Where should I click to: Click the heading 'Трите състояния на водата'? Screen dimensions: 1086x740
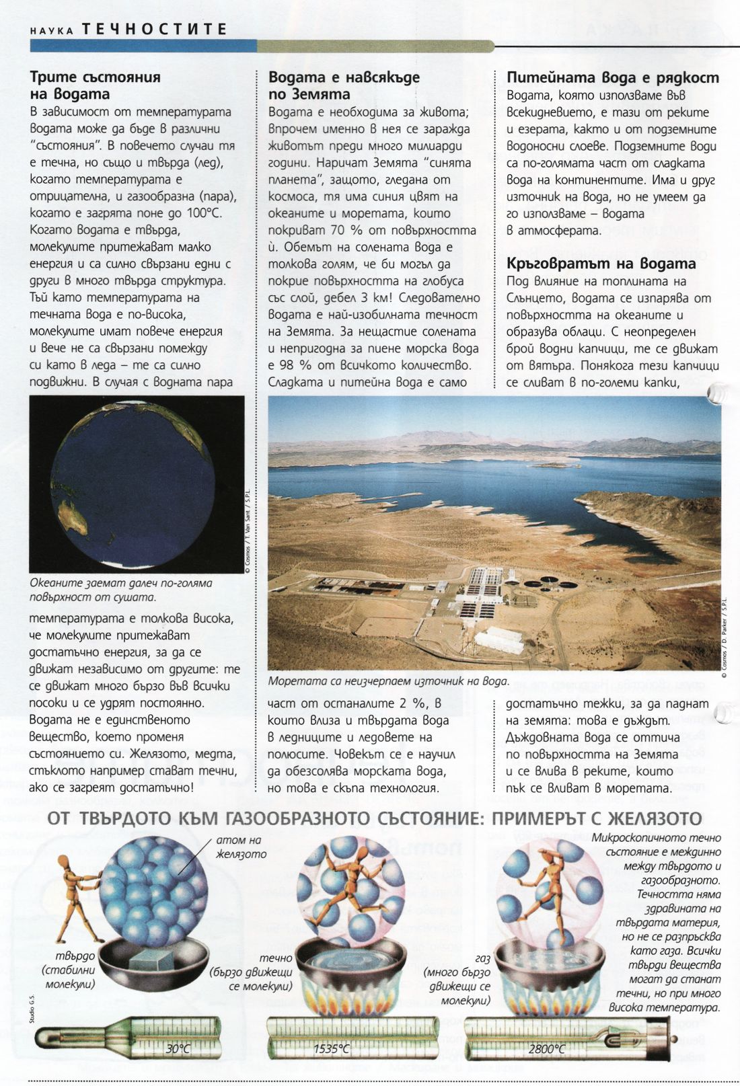tap(95, 85)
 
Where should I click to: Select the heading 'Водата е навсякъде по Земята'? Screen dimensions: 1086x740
tap(343, 85)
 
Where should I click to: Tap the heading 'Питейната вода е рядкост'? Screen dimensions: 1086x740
tap(612, 78)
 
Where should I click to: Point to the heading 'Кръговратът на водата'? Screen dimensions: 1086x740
tap(601, 263)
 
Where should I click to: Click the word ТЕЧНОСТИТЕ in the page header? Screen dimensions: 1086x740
tap(154, 29)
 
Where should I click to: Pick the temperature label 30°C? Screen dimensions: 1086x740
tap(178, 1049)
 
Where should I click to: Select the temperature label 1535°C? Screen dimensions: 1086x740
tap(331, 1049)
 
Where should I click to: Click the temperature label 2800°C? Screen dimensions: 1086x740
tap(546, 1049)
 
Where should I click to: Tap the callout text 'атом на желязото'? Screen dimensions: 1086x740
tap(241, 847)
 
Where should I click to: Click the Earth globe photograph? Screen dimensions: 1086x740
tap(137, 484)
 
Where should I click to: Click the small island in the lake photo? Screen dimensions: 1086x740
tap(556, 465)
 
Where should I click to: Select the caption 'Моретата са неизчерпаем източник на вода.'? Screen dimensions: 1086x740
tap(388, 681)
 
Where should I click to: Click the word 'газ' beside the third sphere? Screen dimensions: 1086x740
tap(480, 958)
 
